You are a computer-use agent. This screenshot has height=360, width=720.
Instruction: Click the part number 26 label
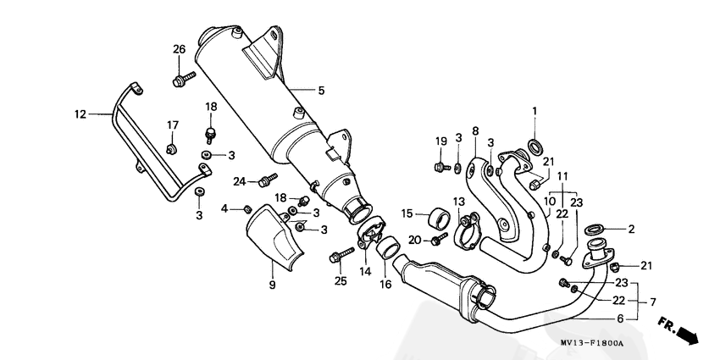coord(179,49)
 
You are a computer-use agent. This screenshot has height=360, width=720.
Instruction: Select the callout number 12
coord(80,114)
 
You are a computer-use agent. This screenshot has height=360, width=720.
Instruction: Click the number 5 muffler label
coord(321,90)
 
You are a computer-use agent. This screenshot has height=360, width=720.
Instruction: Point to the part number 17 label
coord(172,125)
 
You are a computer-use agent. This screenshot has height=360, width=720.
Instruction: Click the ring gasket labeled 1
coord(535,141)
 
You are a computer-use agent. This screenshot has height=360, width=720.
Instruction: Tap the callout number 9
coord(272,286)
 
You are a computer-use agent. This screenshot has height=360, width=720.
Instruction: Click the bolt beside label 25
coord(345,252)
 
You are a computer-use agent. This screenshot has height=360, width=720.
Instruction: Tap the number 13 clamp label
coord(458,201)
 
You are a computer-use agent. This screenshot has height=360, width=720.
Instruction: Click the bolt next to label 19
coord(441,166)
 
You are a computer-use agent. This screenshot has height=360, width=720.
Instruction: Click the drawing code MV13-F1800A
coord(591,343)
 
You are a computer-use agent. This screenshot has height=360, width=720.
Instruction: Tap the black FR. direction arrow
coord(687,333)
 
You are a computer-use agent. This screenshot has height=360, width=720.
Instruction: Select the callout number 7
coord(652,302)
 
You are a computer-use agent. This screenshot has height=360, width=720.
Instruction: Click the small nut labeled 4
coord(246,208)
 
